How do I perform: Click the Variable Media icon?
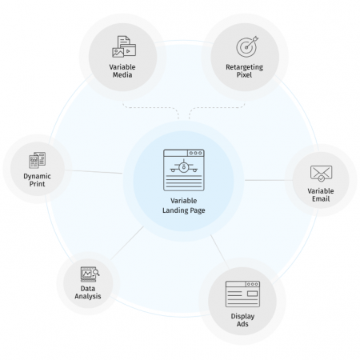pyautogui.click(x=124, y=46)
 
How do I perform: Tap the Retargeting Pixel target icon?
pyautogui.click(x=247, y=46)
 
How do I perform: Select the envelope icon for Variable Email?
pyautogui.click(x=321, y=174)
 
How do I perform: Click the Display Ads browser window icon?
pyautogui.click(x=242, y=294)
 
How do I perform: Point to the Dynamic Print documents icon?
pyautogui.click(x=38, y=160)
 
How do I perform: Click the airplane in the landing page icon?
pyautogui.click(x=184, y=166)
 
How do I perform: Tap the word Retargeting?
pyautogui.click(x=244, y=67)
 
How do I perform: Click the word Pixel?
pyautogui.click(x=244, y=75)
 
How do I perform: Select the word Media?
pyautogui.click(x=122, y=75)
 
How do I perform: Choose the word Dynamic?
pyautogui.click(x=37, y=176)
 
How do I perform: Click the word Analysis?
pyautogui.click(x=88, y=296)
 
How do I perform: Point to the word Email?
pyautogui.click(x=321, y=199)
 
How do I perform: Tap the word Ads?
pyautogui.click(x=242, y=324)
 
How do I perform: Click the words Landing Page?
pyautogui.click(x=184, y=210)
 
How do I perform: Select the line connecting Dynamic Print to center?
pyautogui.click(x=94, y=172)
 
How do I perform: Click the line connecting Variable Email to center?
pyautogui.click(x=269, y=180)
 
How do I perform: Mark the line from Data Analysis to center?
pyautogui.click(x=127, y=243)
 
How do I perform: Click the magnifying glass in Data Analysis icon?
pyautogui.click(x=96, y=272)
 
